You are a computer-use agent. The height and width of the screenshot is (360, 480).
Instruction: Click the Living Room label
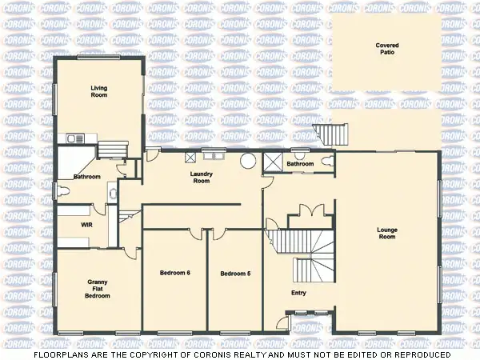98,92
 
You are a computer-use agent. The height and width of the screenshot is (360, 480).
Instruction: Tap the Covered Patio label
387,49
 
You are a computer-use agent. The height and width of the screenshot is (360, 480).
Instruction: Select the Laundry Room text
200,178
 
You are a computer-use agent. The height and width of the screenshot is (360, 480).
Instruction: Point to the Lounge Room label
387,234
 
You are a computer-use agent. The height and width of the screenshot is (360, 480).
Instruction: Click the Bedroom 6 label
174,274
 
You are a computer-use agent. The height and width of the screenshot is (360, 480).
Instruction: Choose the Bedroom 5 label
235,274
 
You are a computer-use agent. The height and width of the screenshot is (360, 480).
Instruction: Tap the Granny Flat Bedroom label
98,289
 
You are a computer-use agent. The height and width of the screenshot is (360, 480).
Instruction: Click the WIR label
86,226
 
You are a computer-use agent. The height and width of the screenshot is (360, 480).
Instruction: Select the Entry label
298,293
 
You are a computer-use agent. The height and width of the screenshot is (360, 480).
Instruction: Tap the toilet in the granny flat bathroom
62,190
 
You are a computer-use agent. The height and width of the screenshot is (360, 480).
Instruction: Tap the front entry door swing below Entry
282,323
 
